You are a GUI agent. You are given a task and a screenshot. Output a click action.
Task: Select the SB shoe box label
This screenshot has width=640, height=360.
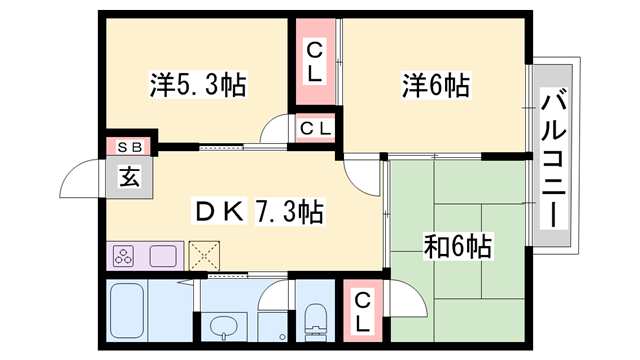(x=129, y=147)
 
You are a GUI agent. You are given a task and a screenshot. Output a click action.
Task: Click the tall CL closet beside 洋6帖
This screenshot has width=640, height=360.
(x=315, y=60)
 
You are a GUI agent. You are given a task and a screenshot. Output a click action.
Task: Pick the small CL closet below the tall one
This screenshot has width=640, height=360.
(x=314, y=128)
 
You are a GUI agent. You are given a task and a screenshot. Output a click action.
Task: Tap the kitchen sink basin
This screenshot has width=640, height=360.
(x=163, y=256)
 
